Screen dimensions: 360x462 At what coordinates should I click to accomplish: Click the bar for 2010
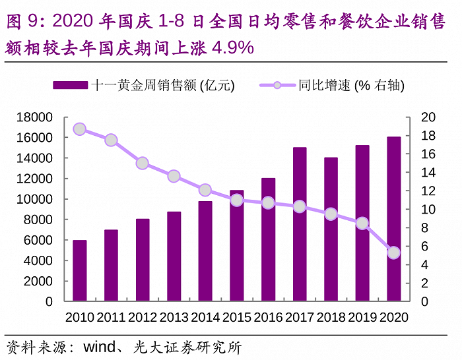pyautogui.click(x=79, y=270)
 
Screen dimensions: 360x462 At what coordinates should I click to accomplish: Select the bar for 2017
pyautogui.click(x=300, y=224)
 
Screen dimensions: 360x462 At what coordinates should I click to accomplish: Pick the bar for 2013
pyautogui.click(x=174, y=256)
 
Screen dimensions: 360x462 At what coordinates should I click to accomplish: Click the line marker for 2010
pyautogui.click(x=79, y=129)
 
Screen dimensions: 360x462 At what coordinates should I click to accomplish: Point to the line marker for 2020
pyautogui.click(x=394, y=253)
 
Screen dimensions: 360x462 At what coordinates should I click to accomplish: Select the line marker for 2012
pyautogui.click(x=142, y=164)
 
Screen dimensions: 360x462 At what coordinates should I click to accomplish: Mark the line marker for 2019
pyautogui.click(x=362, y=224)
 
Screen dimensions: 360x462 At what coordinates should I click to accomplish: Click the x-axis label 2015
pyautogui.click(x=237, y=317)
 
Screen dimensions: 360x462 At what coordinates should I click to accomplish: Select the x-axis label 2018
pyautogui.click(x=331, y=317)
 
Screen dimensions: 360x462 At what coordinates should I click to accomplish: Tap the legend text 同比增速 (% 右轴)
pyautogui.click(x=351, y=85)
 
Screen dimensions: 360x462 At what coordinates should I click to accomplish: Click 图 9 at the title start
pyautogui.click(x=21, y=22)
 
